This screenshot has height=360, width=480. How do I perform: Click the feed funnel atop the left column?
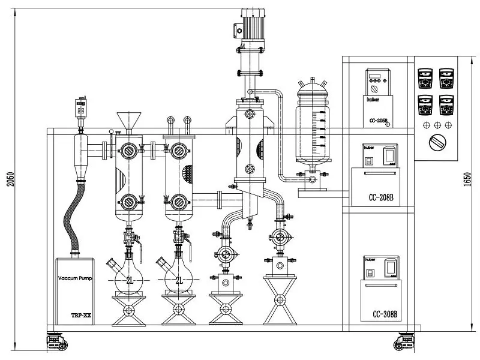tap(126, 119)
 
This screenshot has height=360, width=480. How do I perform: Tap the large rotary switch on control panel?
tap(436, 144)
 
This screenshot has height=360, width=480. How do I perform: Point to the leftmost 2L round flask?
tap(127, 280)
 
